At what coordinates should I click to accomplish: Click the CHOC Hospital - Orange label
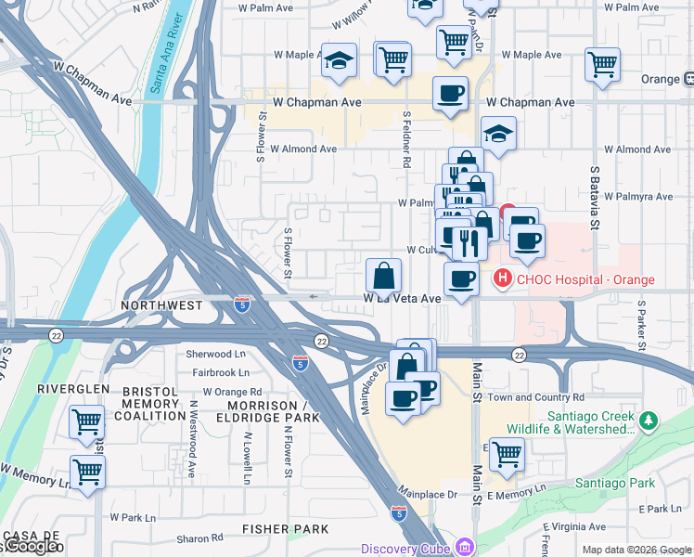[585, 279]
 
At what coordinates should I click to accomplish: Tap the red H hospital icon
[502, 278]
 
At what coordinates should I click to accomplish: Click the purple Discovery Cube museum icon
[462, 548]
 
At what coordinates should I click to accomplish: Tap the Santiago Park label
[613, 483]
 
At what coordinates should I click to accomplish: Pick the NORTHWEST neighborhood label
[161, 304]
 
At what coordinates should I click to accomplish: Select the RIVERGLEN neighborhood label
[72, 388]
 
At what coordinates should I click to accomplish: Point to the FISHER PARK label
[285, 529]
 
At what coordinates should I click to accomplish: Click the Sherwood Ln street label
[215, 354]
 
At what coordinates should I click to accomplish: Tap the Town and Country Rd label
[536, 396]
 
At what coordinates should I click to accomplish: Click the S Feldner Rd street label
[406, 140]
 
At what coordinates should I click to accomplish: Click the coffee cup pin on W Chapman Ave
[450, 94]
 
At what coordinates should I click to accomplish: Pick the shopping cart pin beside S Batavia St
[602, 65]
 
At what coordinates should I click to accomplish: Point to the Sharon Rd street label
[199, 538]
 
